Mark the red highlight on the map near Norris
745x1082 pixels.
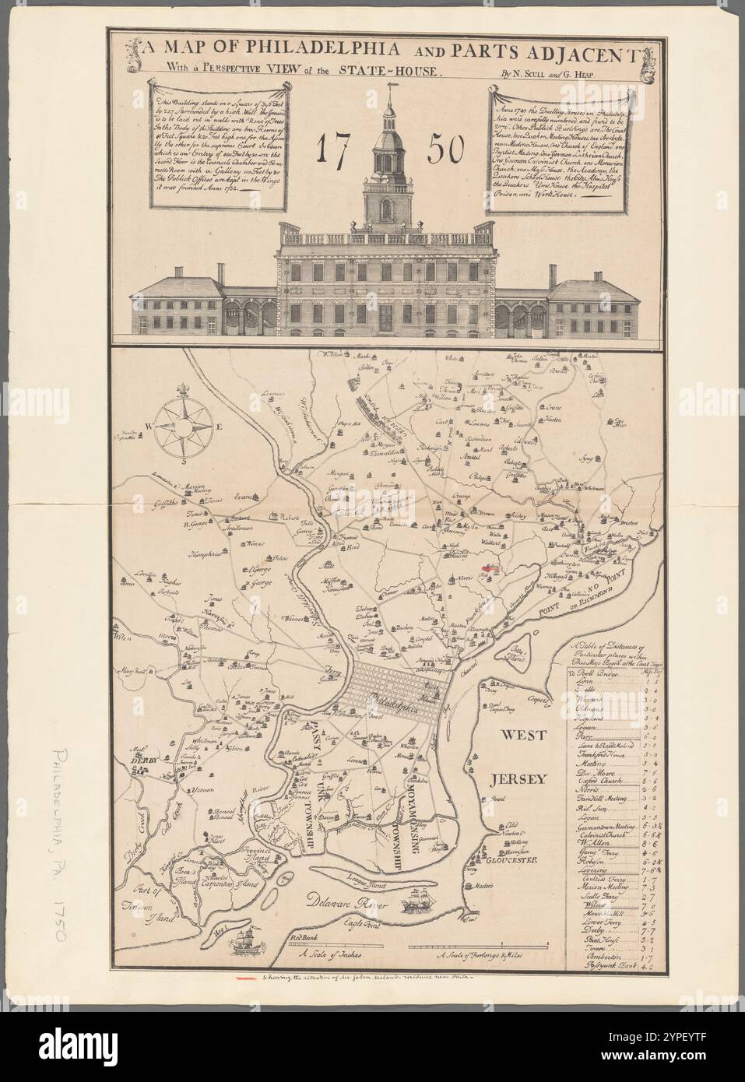point(490,569)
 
